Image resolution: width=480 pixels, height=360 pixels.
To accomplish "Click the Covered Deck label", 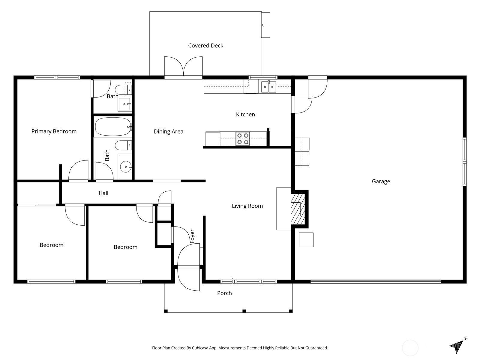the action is click(x=205, y=46).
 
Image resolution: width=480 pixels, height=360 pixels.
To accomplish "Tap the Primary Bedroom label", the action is click(x=54, y=131).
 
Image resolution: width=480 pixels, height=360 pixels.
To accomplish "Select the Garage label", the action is click(x=381, y=181).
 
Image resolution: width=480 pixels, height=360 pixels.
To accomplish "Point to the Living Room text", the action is click(x=247, y=206).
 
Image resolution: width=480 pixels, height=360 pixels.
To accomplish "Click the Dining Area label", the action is click(x=169, y=132).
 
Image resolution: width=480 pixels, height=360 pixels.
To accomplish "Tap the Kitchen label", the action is click(x=245, y=114).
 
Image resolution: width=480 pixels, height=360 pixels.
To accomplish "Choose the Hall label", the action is click(x=103, y=193).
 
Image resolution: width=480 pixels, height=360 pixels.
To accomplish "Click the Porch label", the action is click(x=224, y=293).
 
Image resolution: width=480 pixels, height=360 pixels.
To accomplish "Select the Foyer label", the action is click(x=192, y=236).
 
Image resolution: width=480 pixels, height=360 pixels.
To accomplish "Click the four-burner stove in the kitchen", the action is click(x=243, y=139).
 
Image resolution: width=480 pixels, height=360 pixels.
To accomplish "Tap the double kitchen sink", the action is click(x=268, y=87).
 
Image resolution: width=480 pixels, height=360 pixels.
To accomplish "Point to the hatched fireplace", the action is click(x=298, y=209).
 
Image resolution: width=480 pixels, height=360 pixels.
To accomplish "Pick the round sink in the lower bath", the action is click(x=126, y=167).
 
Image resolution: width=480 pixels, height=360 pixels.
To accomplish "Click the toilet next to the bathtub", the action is click(x=124, y=145).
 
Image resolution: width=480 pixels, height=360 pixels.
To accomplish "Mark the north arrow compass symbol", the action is click(x=458, y=346).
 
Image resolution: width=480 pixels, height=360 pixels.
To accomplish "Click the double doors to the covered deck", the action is click(x=183, y=67).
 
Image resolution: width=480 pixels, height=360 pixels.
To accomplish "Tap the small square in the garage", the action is click(x=306, y=240).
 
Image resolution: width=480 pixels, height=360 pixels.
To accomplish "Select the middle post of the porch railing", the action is click(x=244, y=311).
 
